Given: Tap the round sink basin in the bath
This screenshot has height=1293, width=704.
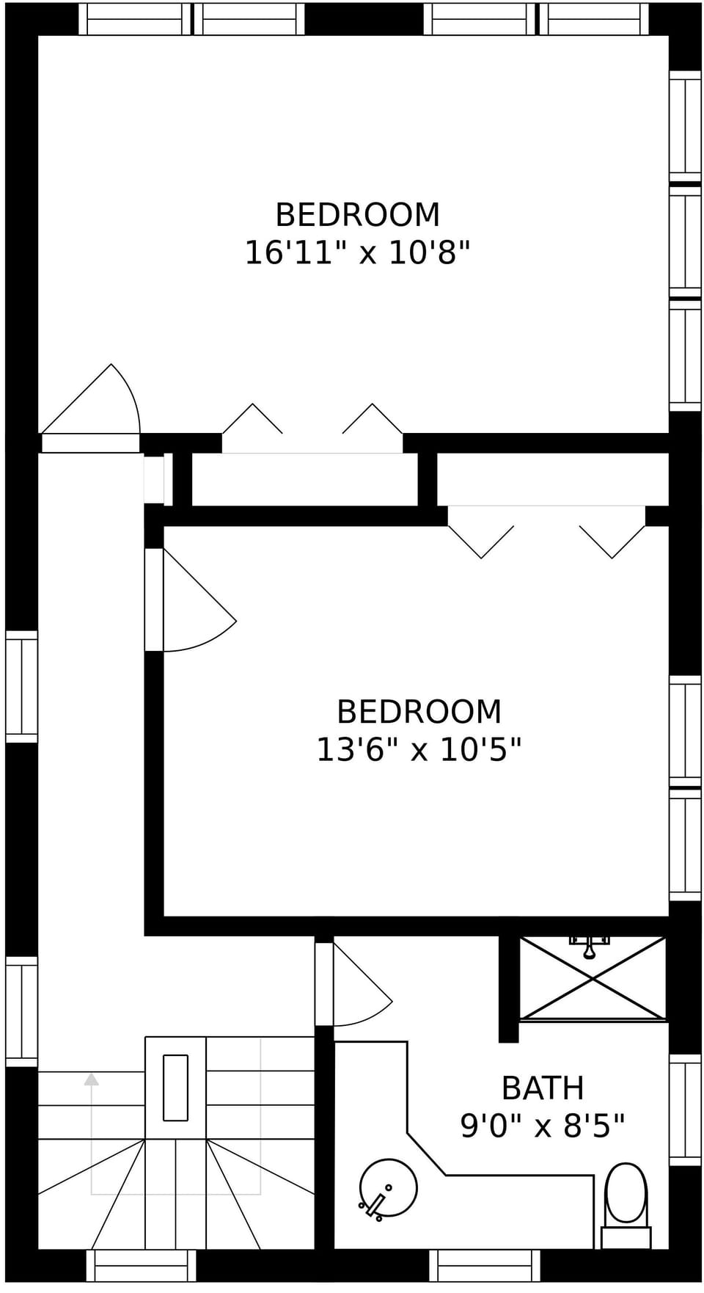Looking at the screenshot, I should (388, 1187).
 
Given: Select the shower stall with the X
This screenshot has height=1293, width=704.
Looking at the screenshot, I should (593, 979).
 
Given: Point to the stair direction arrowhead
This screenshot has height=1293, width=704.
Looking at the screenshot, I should (91, 1079).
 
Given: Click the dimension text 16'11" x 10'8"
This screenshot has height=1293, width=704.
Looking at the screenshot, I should (356, 253).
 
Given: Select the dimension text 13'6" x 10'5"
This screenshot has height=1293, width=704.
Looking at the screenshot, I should (418, 750).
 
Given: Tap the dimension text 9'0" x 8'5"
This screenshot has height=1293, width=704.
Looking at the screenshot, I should (542, 1125).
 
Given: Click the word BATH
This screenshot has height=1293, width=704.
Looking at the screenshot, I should (542, 1088).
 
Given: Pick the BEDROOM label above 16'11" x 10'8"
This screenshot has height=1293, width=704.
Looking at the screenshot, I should (357, 215).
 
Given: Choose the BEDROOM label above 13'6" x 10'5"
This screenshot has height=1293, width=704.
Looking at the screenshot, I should (419, 712).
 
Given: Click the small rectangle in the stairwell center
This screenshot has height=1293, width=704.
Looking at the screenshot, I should (175, 1088).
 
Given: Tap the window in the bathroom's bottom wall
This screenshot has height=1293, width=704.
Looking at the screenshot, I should (484, 1265).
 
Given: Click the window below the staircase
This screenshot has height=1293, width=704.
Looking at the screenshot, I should (141, 1265).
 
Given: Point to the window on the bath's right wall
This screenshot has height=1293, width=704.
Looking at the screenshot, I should (685, 1109).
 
